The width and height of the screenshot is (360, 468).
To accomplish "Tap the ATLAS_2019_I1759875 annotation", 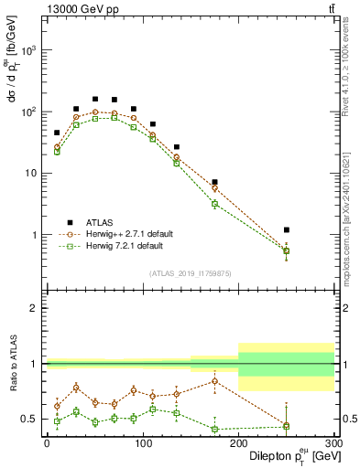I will [x=190, y=272].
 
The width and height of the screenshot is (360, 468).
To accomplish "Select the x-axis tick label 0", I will [x=47, y=442].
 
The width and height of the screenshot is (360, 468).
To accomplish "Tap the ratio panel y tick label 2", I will [x=35, y=308].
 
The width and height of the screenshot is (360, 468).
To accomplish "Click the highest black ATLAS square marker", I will [x=95, y=99].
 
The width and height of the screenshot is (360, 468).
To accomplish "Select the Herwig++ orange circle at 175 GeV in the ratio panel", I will [x=214, y=381].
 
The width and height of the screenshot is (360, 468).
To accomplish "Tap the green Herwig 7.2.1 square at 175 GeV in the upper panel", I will [x=214, y=204].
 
